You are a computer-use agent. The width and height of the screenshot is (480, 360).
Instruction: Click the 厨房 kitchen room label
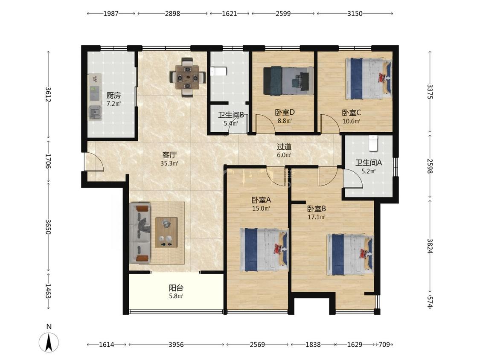pyautogui.click(x=113, y=95)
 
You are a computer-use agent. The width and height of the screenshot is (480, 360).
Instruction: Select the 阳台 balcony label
pyautogui.click(x=176, y=288)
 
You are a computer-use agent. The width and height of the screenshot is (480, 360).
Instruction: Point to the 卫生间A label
pyautogui.click(x=369, y=163)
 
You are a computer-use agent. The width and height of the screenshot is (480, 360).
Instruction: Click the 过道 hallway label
pyautogui.click(x=284, y=147)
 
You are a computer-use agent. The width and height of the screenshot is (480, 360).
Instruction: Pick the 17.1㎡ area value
pyautogui.click(x=316, y=217)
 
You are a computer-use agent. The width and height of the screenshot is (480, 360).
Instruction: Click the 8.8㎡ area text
pyautogui.click(x=285, y=121)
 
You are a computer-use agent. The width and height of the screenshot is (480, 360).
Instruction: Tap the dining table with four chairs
pyautogui.click(x=187, y=77)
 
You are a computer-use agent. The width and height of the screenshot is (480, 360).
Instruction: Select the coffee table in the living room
pyautogui.click(x=166, y=232)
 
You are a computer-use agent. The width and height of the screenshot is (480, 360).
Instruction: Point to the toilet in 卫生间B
pyautogui.click(x=218, y=71)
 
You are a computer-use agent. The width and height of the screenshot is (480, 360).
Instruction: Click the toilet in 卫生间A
pyautogui.click(x=373, y=143)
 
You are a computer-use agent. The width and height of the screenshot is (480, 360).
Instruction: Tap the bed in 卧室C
pyautogui.click(x=368, y=78)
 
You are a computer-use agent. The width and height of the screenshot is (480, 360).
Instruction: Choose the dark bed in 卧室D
pyautogui.click(x=288, y=81)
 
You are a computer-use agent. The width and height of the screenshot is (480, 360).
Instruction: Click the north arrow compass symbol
pyautogui.click(x=49, y=341)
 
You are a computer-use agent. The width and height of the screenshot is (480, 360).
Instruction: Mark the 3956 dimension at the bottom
pyautogui.click(x=176, y=345)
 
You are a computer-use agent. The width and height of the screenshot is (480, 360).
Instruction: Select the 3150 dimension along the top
pyautogui.click(x=355, y=14)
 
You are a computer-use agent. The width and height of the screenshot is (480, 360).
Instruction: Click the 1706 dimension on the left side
pyautogui.click(x=48, y=160)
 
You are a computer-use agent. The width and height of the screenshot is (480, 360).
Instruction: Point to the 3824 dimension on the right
pyautogui.click(x=430, y=246)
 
